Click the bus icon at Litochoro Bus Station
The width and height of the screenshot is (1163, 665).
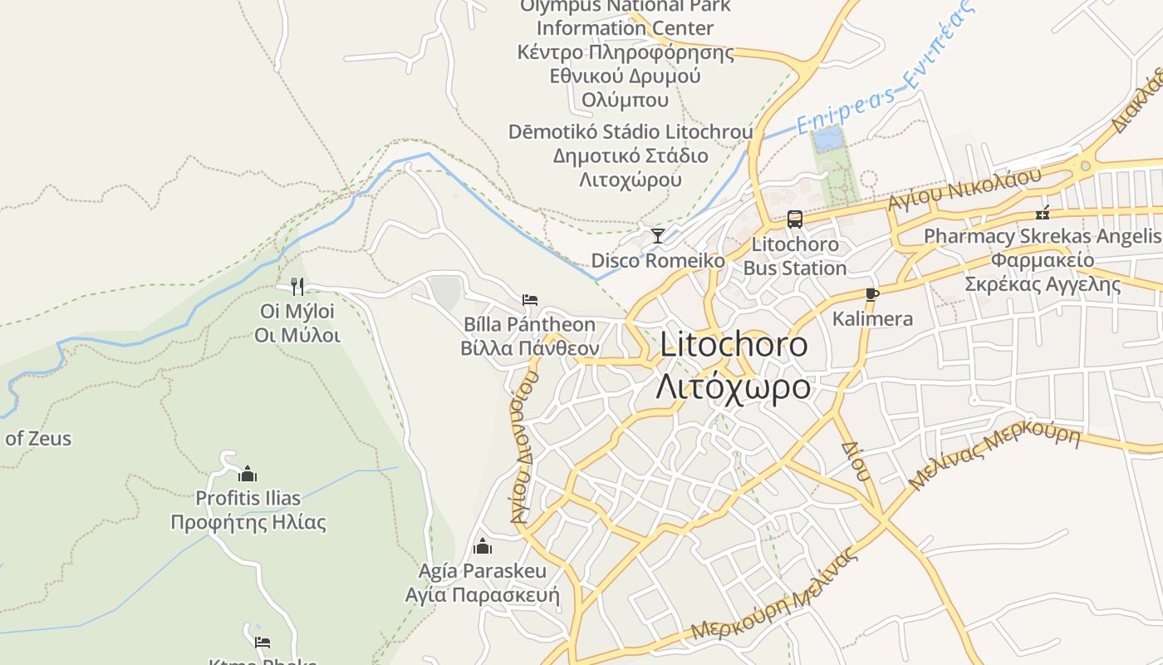tap(795, 219)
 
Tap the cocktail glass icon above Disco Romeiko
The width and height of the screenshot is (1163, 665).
tap(658, 235)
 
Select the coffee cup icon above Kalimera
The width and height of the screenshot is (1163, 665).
tap(871, 293)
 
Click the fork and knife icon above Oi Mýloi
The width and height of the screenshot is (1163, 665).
tap(297, 287)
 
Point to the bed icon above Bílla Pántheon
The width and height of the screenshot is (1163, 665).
tap(530, 299)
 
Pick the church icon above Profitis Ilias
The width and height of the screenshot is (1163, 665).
tap(248, 474)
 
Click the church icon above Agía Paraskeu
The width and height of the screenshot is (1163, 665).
tap(483, 546)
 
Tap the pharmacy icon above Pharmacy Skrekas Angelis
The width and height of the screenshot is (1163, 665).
tap(1043, 212)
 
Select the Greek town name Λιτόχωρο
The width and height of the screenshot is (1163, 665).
tap(733, 387)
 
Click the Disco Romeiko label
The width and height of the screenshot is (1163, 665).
tap(658, 261)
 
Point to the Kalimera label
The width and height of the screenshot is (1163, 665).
tap(872, 318)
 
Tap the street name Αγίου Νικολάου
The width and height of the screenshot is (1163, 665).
tap(964, 190)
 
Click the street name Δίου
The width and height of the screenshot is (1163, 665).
tap(856, 461)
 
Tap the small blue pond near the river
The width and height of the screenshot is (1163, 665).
tap(828, 139)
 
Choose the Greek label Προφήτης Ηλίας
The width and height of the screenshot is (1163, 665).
tap(248, 523)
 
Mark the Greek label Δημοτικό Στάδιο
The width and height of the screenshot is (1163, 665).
tap(631, 156)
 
